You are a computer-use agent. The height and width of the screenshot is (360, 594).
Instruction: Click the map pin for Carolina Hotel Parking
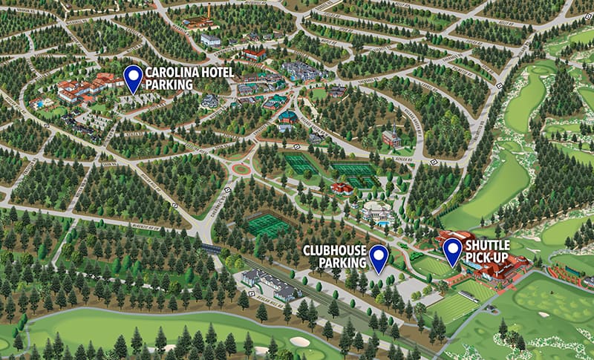pyautogui.click(x=133, y=78)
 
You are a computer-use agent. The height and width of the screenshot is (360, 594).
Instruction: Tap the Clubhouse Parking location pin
pyautogui.click(x=379, y=258)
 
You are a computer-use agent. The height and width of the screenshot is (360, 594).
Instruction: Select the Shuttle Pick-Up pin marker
pyautogui.click(x=452, y=251)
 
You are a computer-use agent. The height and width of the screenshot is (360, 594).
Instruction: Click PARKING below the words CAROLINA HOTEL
pyautogui.click(x=169, y=85)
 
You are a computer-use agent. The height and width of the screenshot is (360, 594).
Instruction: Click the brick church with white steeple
pyautogui.click(x=391, y=138)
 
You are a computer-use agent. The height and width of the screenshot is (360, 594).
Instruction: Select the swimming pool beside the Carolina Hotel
pyautogui.click(x=38, y=105)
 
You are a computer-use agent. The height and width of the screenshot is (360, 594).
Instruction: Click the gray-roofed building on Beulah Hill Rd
pyautogui.click(x=267, y=283)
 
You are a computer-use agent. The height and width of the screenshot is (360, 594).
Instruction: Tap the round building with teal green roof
pyautogui.click(x=287, y=117)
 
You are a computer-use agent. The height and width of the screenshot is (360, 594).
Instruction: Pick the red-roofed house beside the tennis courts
pyautogui.click(x=342, y=189)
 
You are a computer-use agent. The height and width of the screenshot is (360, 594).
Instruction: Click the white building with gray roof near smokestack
pyautogui.click(x=211, y=39)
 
